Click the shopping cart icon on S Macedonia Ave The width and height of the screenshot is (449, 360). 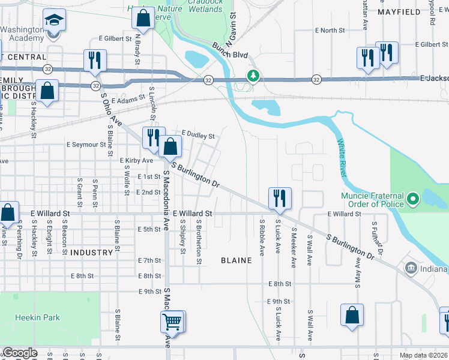pos(172,322)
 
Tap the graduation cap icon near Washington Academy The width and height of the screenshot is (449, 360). pos(55,21)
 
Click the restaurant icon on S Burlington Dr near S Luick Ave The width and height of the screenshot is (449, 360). pos(279,197)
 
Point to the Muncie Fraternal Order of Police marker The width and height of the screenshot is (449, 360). pos(412,198)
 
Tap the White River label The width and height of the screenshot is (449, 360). pos(341,157)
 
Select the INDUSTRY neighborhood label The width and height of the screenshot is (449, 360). pos(91,253)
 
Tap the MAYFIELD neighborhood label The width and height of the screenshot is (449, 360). pos(398,11)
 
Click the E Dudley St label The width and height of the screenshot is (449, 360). pos(197,135)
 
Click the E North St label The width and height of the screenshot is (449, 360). pos(330,30)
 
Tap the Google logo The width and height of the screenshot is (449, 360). pos(19,353)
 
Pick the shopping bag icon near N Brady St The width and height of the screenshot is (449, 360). pos(143,19)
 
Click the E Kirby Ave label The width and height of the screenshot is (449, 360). pos(136,161)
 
